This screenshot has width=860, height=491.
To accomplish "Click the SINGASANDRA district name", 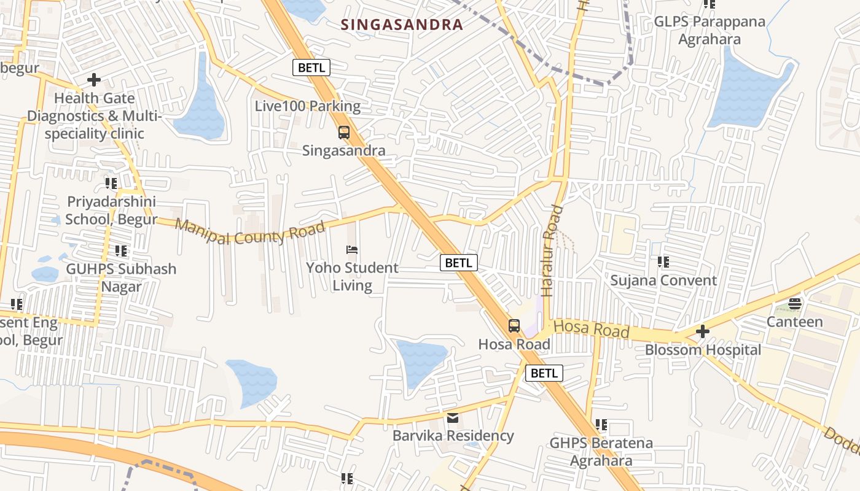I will coord(401,25).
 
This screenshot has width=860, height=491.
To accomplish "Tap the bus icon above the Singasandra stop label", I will coord(344,133).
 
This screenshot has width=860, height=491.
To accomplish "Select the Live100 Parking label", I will coord(308,106).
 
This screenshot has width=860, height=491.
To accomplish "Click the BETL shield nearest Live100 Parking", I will coord(311,68).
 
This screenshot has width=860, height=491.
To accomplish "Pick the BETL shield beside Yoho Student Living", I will coord(459,263).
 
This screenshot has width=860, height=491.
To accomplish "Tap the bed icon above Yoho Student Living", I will coord(352,250).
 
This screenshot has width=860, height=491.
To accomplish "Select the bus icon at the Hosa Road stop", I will coord(514,326).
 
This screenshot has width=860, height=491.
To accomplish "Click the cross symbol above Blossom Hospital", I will coord(703,332).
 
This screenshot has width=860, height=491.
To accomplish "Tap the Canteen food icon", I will coord(795,304).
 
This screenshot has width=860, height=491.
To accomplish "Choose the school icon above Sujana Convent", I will coord(663,262).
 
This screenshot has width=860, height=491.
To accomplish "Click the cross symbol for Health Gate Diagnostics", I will coord(94,80).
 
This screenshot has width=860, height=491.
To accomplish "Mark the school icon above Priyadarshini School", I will coord(111,183).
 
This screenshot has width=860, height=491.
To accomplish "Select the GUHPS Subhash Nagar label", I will coord(121,277).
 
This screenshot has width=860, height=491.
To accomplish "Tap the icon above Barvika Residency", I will coord(453,419).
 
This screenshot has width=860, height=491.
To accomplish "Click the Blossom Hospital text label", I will coord(703,350).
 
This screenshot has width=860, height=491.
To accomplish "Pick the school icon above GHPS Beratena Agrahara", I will coord(601,425).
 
